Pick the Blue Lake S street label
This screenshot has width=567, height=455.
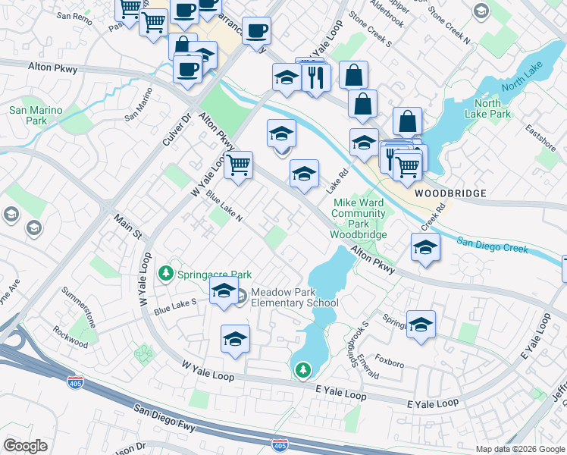click(x=175, y=307)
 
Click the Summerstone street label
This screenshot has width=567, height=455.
click(x=80, y=303)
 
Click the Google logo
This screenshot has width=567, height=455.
click(x=25, y=446)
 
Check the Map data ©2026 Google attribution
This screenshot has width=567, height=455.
click(x=519, y=449)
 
